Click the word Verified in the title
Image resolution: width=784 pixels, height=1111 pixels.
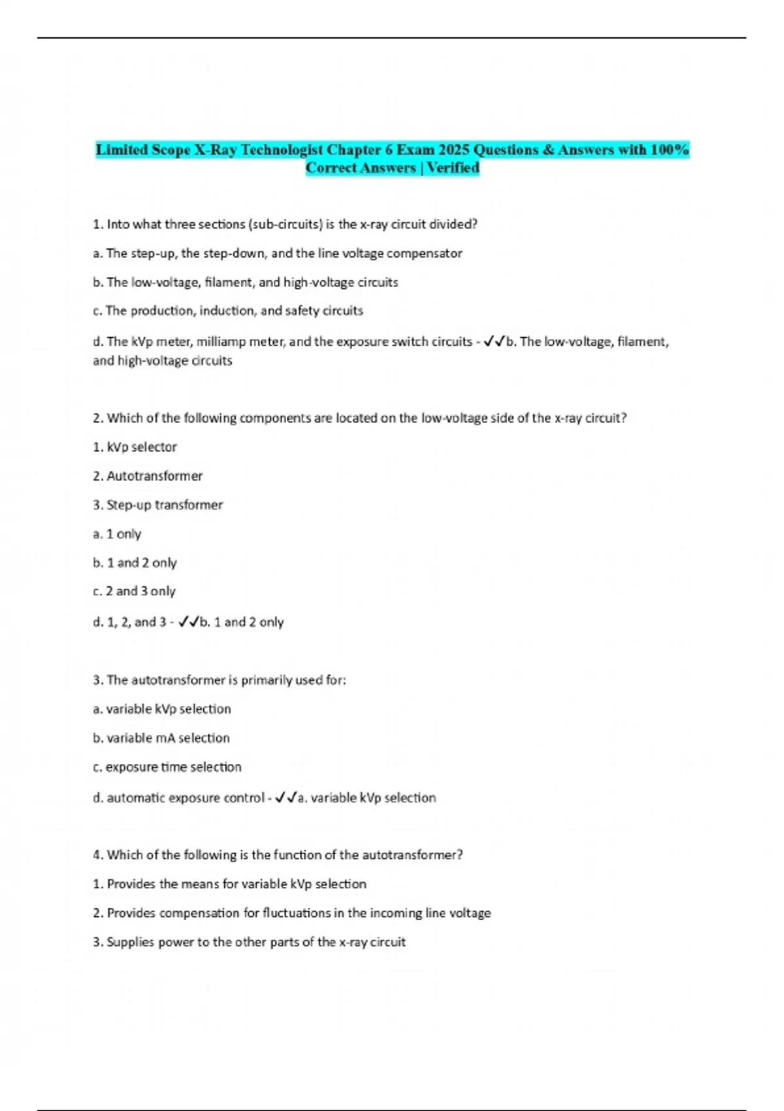click(453, 168)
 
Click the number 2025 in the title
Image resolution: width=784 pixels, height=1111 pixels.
click(453, 150)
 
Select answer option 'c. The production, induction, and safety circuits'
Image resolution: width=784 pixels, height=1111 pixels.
click(228, 311)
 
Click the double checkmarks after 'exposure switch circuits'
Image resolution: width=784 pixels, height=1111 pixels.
click(495, 342)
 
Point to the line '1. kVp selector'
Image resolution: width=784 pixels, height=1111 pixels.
click(135, 447)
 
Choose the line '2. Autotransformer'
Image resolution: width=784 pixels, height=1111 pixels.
click(148, 476)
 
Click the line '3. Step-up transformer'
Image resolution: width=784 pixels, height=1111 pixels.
click(157, 505)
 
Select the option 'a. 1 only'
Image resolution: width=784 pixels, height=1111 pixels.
click(117, 534)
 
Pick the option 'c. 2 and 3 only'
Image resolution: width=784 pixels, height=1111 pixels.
click(134, 591)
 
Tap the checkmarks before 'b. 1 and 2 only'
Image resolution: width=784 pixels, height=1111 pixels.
click(188, 622)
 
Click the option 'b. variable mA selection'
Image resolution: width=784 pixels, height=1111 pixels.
click(161, 738)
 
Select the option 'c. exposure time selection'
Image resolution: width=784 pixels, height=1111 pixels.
click(167, 767)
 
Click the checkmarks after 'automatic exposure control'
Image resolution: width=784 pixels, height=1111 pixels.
click(286, 798)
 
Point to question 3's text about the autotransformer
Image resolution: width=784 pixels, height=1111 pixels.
click(220, 680)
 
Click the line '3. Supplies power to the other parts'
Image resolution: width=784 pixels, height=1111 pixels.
click(249, 942)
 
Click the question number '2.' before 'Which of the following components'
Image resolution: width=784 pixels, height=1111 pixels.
click(98, 418)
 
